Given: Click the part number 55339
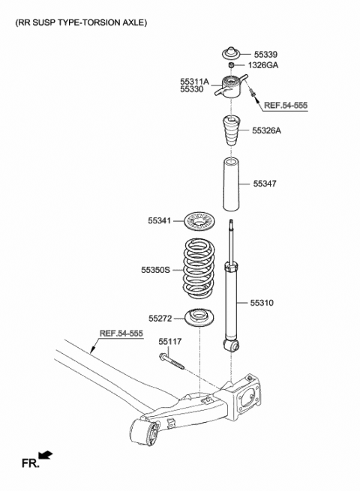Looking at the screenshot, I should coord(265,54).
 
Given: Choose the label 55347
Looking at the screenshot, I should coord(265,182).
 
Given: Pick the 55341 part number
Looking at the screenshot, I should coord(159,220).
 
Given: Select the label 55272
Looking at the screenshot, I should coord(160,319).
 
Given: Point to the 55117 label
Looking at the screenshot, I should coord(170,342).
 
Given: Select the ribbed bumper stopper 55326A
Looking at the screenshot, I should coord(231,133).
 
